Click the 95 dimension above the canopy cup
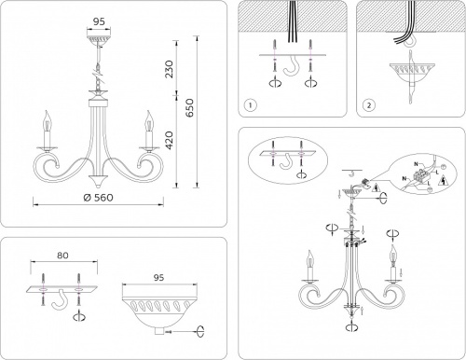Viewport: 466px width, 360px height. (x=161, y=278)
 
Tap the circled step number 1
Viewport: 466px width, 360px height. (x=249, y=104)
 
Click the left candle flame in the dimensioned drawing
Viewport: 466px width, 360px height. (x=46, y=120)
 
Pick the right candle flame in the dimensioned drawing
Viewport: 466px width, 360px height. (x=146, y=120)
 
